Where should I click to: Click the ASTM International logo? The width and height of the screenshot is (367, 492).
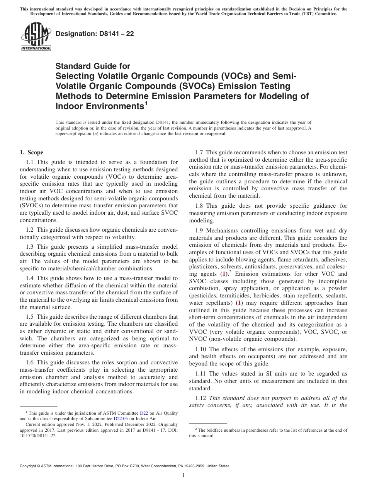[x=36, y=37]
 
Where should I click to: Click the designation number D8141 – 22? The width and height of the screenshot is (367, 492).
[x=95, y=34]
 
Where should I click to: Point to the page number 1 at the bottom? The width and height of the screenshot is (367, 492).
[x=183, y=475]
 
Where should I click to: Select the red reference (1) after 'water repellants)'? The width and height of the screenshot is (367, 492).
[x=240, y=303]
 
